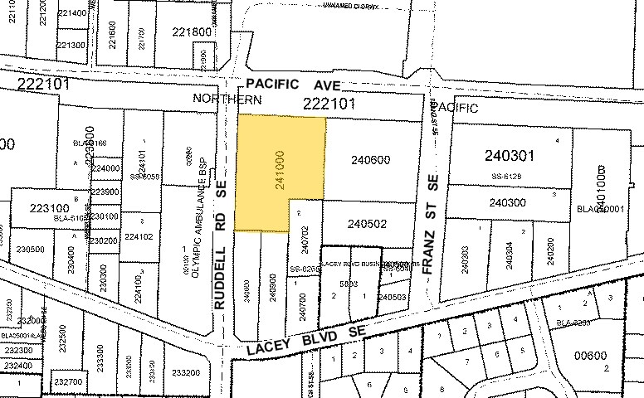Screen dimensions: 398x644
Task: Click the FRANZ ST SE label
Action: pos(430,225)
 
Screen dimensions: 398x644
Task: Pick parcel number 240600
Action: pos(370,160)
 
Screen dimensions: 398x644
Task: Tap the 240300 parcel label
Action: pos(508,202)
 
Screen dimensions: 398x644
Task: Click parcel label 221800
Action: pos(192,32)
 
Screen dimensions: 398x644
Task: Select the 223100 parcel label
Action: pos(51,208)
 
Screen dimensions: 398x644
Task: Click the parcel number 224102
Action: pos(139,236)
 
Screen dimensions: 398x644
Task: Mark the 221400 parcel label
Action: pos(71,13)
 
